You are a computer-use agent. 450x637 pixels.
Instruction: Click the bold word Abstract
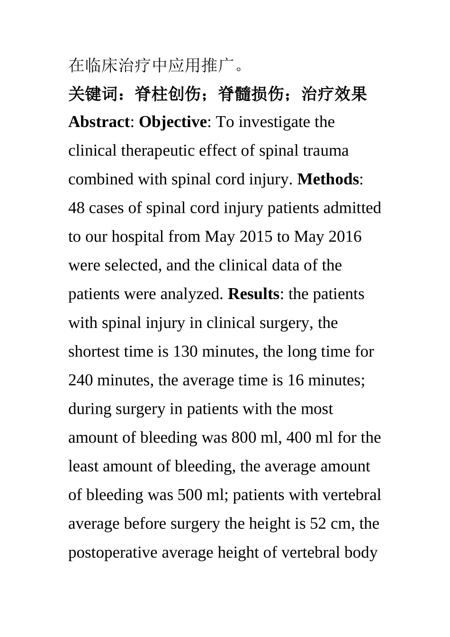pos(99,122)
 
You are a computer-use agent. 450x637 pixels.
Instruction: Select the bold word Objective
pos(172,122)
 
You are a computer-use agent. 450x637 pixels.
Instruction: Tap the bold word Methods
pos(328,179)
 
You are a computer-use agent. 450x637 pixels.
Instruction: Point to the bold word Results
pos(253,294)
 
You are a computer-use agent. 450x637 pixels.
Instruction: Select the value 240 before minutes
pos(81,380)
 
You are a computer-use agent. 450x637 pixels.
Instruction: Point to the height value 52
pos(318,524)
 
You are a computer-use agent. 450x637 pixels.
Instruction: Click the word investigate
pos(275,122)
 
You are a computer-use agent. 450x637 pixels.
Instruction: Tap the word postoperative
pos(113,553)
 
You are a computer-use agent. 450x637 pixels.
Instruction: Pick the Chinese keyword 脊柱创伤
pos(168,94)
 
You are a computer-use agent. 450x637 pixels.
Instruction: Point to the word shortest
pos(94,352)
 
